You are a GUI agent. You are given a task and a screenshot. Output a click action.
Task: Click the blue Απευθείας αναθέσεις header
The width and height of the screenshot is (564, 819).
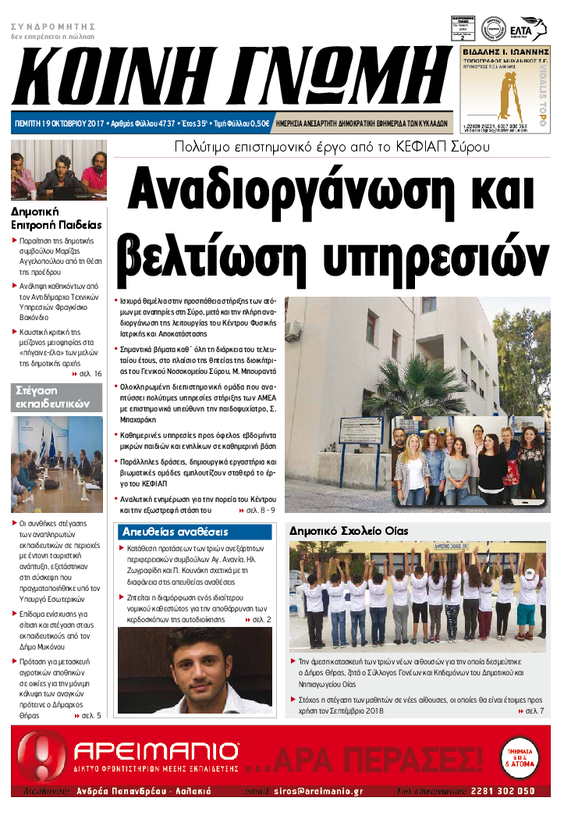pos(175,532)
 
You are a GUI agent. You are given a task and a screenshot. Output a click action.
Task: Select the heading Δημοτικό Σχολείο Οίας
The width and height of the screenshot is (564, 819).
pos(349,531)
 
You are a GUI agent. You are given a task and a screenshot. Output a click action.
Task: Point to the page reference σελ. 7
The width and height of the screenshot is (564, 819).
pos(534,711)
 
